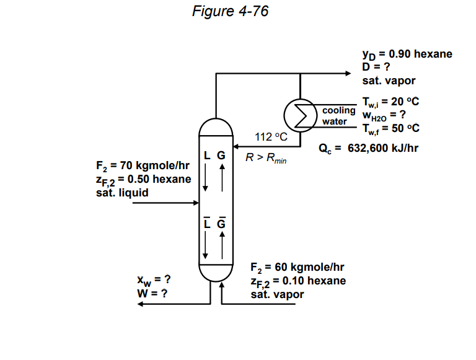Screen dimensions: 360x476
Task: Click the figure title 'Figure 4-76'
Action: tap(230, 11)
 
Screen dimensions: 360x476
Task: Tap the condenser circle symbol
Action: tap(300, 114)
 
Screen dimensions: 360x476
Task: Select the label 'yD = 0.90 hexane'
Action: tap(407, 54)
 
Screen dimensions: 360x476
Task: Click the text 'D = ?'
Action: tap(377, 67)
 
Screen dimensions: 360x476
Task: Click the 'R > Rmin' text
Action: tap(266, 157)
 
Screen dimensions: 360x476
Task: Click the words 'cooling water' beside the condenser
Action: tap(338, 116)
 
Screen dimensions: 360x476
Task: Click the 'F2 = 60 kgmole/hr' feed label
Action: tap(297, 268)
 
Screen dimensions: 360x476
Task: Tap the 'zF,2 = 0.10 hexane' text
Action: tap(298, 281)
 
